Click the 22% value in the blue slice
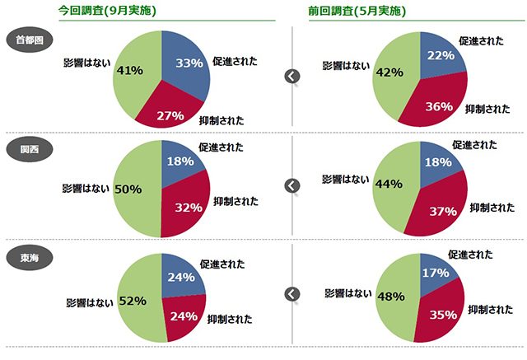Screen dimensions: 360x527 pos(441,55)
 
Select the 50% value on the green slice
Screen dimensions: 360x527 pos(128,189)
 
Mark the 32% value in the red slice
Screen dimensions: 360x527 pos(189,207)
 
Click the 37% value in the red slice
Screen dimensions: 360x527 pos(442,212)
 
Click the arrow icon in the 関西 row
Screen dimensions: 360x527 pos(291,185)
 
